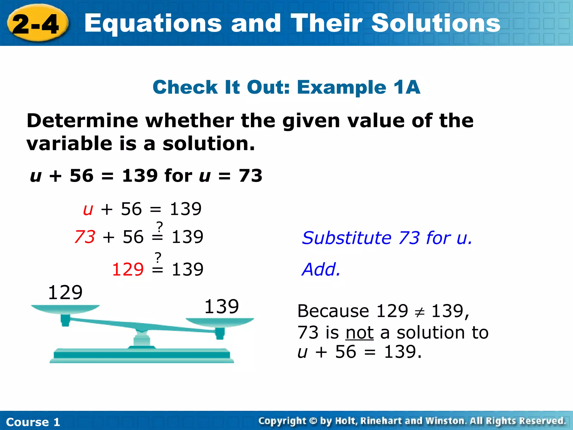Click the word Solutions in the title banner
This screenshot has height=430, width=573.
435,24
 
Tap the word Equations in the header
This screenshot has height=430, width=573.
153,24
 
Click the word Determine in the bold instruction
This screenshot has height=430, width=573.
82,121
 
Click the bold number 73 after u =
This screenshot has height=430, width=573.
250,176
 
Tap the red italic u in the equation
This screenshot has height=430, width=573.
88,209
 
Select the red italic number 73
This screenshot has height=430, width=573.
85,237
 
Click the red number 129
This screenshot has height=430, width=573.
128,269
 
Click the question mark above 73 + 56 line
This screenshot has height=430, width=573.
159,226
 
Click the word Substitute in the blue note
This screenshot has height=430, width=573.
346,238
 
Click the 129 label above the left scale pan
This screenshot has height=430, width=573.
65,293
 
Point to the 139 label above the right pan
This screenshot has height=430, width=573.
222,306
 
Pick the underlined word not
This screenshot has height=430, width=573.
360,333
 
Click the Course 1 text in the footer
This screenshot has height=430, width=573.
33,422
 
